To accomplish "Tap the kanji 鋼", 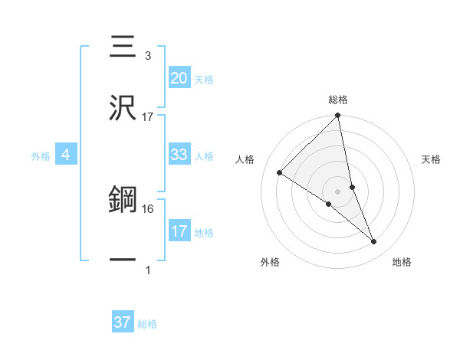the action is point(123,201).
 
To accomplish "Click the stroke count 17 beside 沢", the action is point(148,116).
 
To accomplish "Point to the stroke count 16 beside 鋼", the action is point(148,208).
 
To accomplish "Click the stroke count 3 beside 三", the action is point(148,56).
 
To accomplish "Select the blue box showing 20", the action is point(179,77).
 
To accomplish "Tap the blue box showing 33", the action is point(179,154).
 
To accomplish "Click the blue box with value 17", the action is point(179,231).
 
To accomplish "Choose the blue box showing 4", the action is point(66,155).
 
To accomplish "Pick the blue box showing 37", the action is point(122,322).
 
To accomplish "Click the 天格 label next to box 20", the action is point(204,79).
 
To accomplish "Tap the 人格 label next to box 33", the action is point(204,155).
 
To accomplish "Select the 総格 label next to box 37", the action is point(147,324).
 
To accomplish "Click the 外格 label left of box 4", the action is point(41,156).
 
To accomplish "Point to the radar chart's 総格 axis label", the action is point(338,100).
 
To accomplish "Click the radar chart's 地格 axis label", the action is point(402,262).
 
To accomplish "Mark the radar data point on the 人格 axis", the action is point(280,173).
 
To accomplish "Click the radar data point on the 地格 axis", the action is point(374,242).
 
